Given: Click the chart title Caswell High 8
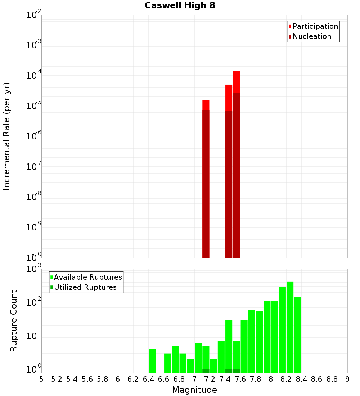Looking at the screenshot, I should [180, 6].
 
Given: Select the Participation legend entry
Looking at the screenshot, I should [315, 26].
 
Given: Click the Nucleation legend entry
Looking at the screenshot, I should [312, 36].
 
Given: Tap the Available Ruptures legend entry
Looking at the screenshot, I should [88, 277].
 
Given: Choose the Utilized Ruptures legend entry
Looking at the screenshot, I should [85, 287].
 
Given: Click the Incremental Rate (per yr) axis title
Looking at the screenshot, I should [7, 136].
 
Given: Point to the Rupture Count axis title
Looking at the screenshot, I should [14, 321].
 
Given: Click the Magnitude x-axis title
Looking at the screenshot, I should [194, 390].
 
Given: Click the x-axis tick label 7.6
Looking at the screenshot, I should [240, 379].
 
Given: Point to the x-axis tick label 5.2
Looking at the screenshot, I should [57, 379].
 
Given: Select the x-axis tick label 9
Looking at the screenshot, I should [347, 379].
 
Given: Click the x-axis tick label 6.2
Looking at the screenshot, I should [133, 379].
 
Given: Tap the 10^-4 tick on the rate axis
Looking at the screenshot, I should [34, 76].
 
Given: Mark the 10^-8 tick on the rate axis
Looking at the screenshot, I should [34, 197].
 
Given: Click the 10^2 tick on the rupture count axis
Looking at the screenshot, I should [34, 302].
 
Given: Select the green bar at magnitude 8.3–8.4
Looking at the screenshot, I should [298, 334].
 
